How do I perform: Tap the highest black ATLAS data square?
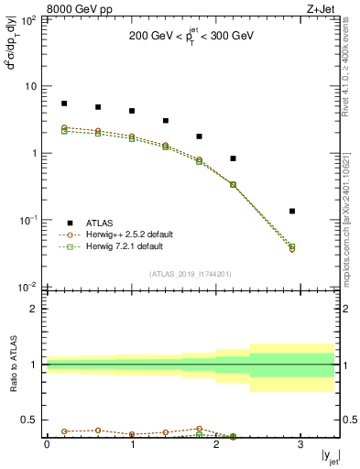64,104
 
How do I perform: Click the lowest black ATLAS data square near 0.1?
292,212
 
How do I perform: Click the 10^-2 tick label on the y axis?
27,287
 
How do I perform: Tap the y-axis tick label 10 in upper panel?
30,86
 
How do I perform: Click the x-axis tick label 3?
301,444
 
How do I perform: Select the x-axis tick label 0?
47,444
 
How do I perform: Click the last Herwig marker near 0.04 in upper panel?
292,247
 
